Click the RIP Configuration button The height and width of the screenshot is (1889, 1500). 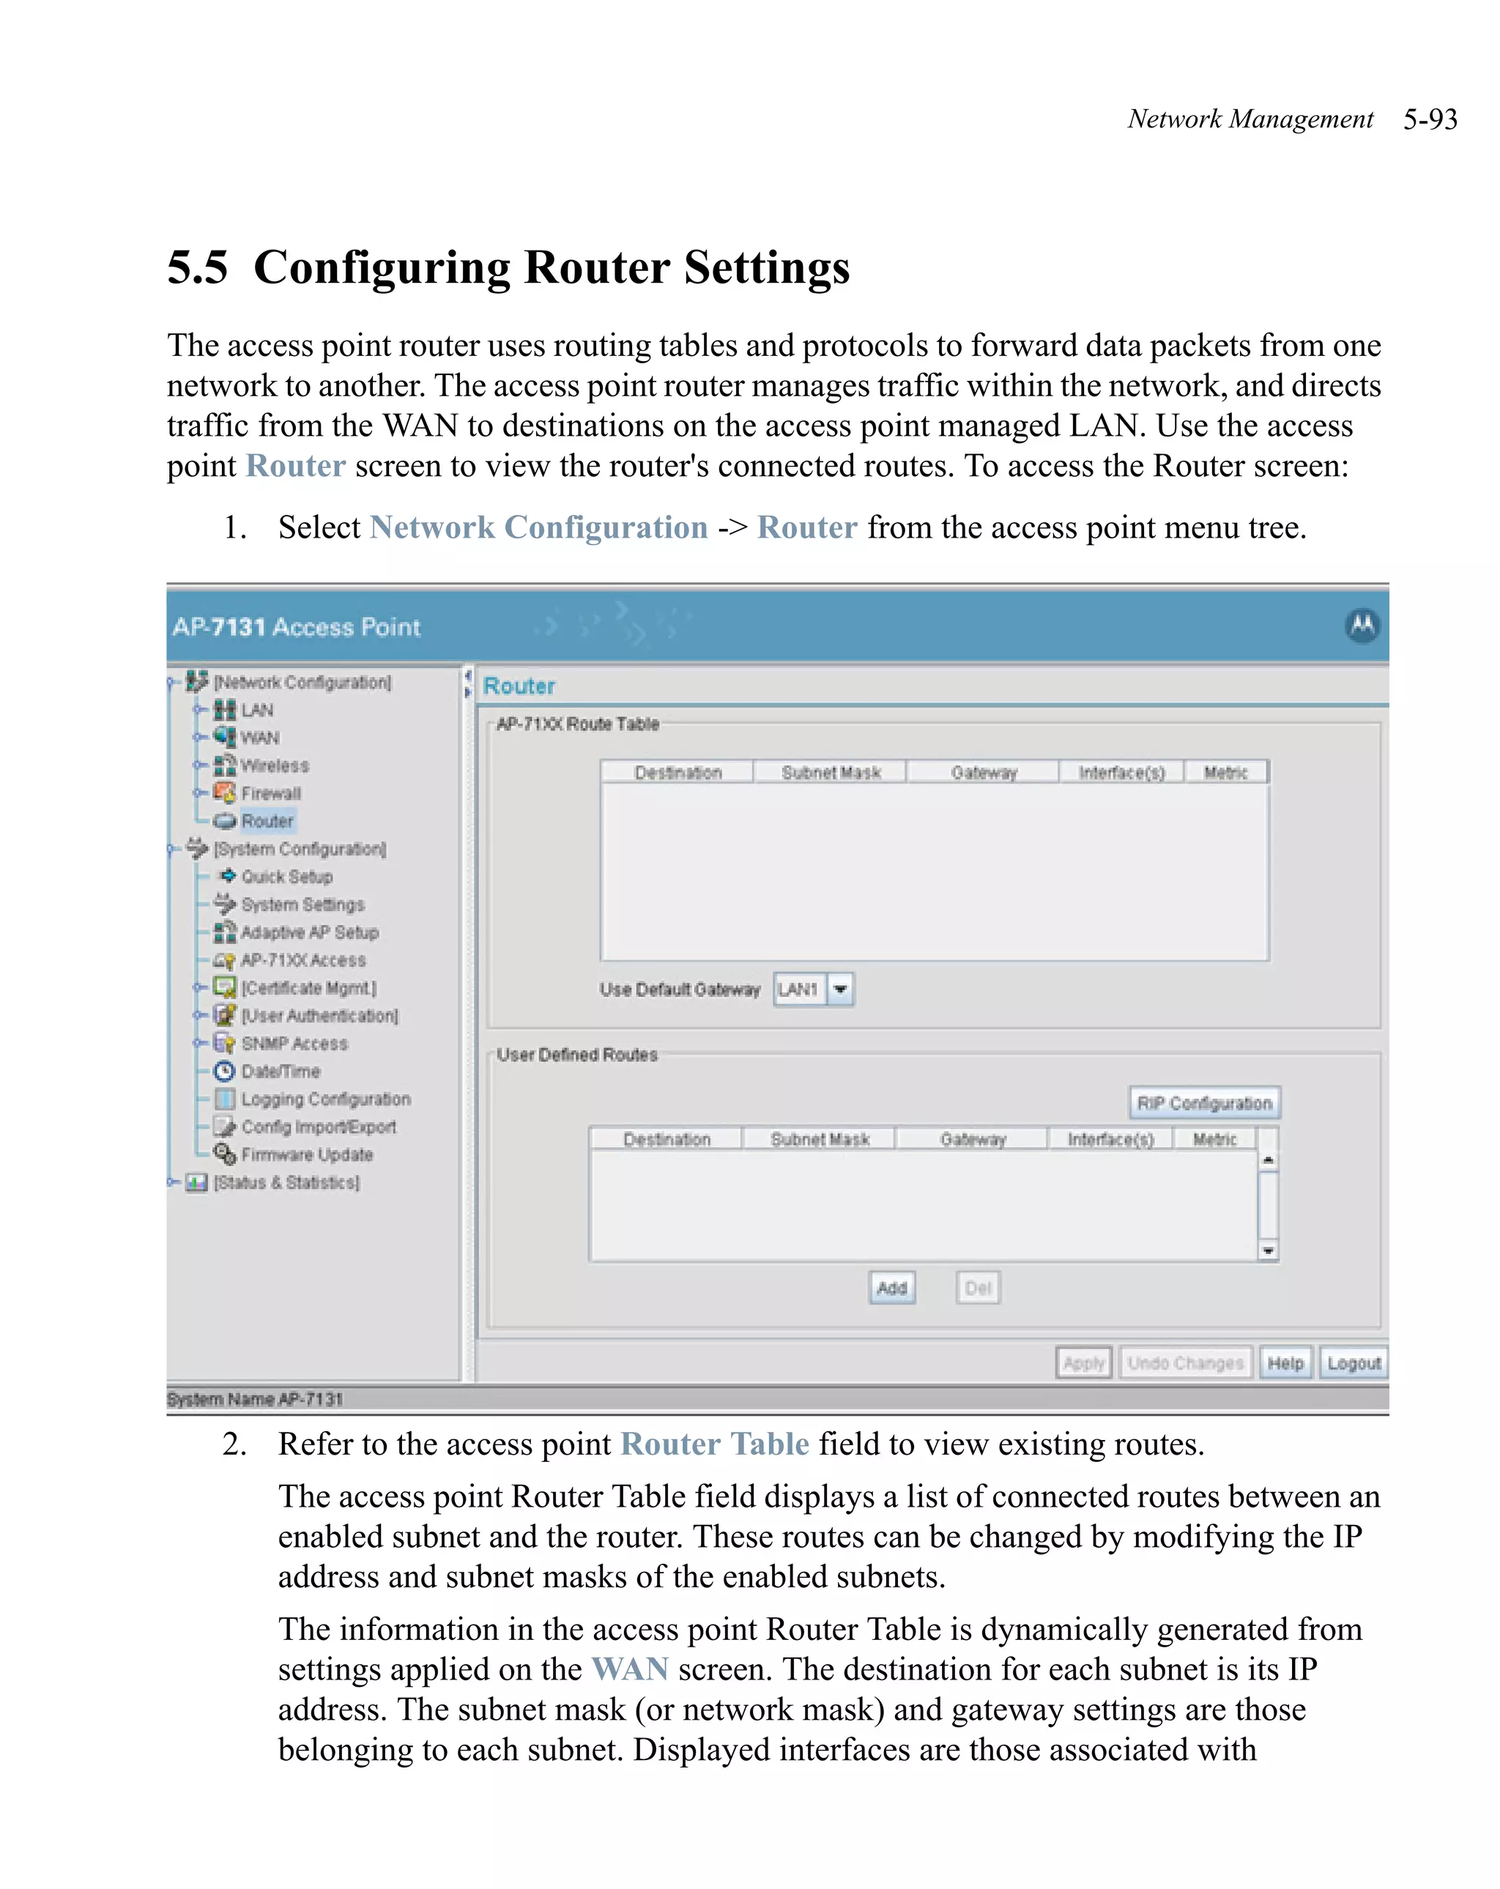click(1203, 1103)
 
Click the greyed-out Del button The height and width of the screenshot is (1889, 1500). click(977, 1288)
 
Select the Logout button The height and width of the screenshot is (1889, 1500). click(1353, 1363)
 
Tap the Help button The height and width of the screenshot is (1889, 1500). click(1285, 1363)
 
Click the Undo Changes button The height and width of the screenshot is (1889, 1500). click(1184, 1363)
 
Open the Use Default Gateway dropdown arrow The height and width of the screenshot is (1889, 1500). click(840, 990)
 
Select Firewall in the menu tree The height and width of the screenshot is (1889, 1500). click(271, 793)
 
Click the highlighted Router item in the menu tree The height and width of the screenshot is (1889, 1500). click(267, 821)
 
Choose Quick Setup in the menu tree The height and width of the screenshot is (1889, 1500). click(286, 877)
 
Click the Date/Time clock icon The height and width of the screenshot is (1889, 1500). click(225, 1072)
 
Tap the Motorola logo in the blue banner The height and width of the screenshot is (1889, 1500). click(1362, 626)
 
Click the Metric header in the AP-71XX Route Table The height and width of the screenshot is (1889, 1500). click(1225, 773)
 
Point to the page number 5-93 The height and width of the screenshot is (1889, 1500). click(1430, 119)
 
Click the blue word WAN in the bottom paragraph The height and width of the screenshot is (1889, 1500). click(630, 1669)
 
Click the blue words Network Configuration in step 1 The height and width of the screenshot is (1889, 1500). click(539, 527)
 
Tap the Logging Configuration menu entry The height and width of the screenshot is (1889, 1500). click(325, 1099)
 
